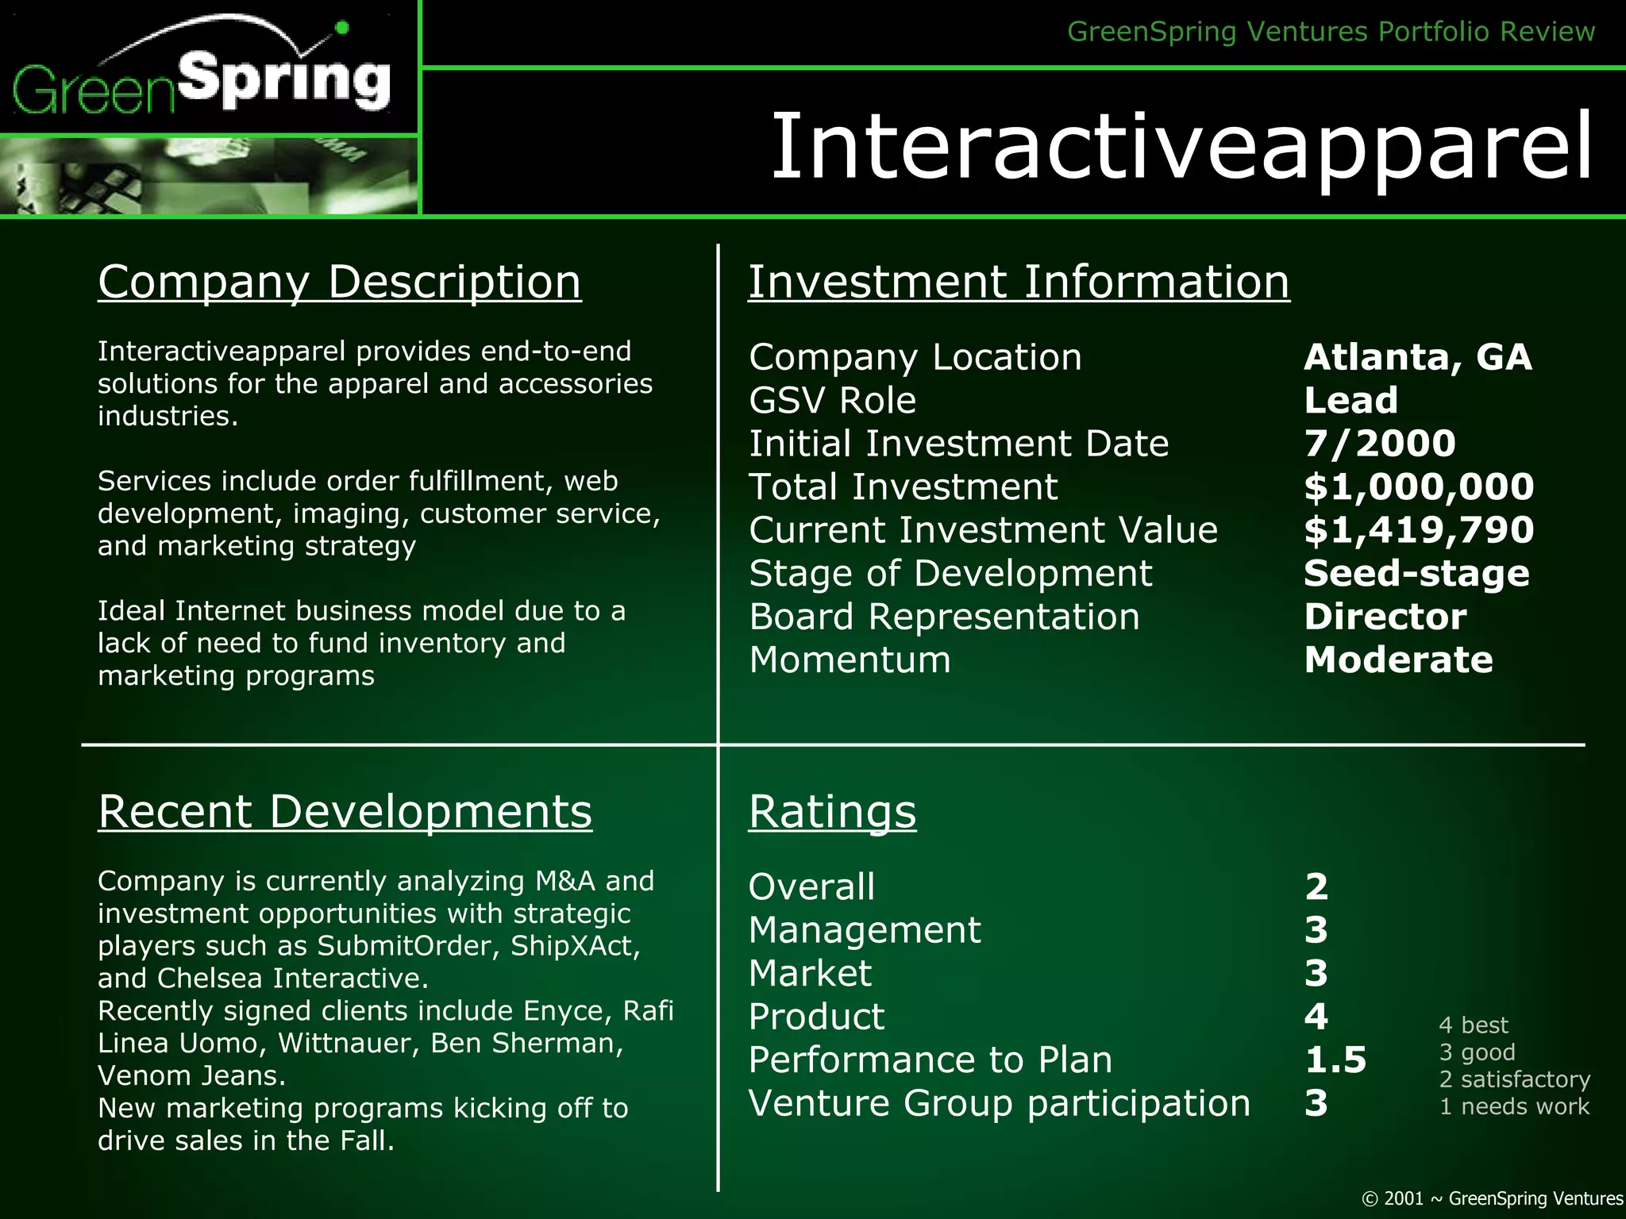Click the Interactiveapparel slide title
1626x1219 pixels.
[x=1181, y=147]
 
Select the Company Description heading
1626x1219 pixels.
[x=339, y=282]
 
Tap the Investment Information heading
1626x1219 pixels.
[x=1019, y=282]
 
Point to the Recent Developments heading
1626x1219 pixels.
[x=345, y=812]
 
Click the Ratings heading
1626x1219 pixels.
[x=832, y=812]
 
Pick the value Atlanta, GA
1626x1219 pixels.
[x=1417, y=357]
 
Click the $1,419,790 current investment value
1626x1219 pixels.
[x=1419, y=530]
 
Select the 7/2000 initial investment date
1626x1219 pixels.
[x=1379, y=444]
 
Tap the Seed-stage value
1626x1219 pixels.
[x=1416, y=573]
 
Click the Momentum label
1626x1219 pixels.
[x=850, y=660]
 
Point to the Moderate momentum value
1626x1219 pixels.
[x=1398, y=660]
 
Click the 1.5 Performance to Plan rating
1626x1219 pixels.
[x=1335, y=1060]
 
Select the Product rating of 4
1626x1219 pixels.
[x=1316, y=1017]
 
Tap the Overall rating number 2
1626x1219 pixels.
[x=1316, y=886]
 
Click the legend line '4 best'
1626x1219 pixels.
[x=1473, y=1025]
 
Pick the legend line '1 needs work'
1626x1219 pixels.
[x=1514, y=1106]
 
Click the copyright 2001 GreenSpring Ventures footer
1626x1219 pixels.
[x=1492, y=1198]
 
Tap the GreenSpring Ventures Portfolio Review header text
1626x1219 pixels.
[x=1331, y=32]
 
